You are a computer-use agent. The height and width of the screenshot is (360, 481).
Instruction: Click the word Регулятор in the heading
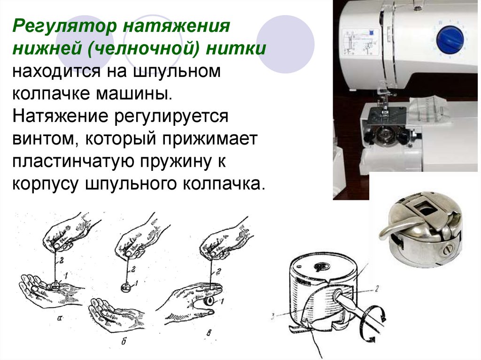tap(65, 27)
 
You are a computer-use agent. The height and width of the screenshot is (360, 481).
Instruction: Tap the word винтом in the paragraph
tap(46, 139)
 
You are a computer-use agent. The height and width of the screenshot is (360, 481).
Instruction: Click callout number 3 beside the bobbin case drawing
tap(273, 316)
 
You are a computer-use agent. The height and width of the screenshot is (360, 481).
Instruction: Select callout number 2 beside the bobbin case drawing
tap(377, 288)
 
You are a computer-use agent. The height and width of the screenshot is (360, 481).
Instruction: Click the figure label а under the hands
tap(60, 318)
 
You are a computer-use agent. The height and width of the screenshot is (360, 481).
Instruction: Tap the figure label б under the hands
tap(124, 341)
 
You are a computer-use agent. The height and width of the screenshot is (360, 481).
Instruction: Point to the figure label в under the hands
tap(209, 332)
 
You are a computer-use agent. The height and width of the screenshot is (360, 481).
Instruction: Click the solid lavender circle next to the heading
tap(285, 45)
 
